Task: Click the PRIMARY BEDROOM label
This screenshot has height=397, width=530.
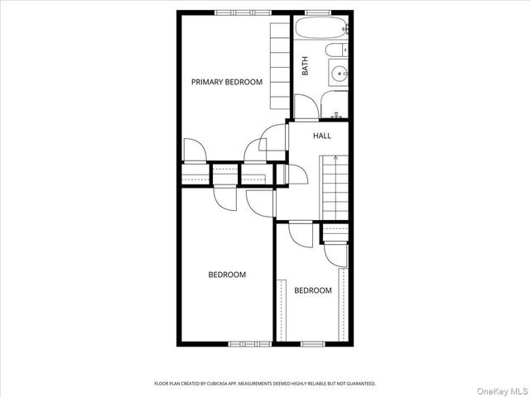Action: click(x=227, y=82)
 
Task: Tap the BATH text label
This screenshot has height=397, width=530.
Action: click(x=305, y=66)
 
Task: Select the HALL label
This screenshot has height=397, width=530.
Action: click(x=321, y=136)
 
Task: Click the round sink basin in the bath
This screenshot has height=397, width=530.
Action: click(x=339, y=74)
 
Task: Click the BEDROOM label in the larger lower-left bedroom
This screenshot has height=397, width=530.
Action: click(x=227, y=275)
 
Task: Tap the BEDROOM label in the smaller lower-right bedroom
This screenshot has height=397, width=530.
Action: click(x=313, y=290)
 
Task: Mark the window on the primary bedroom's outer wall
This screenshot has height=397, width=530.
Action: click(x=243, y=12)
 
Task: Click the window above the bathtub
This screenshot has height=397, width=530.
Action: click(x=319, y=12)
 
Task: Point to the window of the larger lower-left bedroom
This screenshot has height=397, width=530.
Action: click(x=250, y=343)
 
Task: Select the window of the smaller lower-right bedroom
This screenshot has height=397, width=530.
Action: click(x=313, y=343)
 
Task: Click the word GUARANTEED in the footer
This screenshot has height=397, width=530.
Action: click(x=359, y=384)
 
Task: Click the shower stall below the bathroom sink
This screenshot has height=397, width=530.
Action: click(x=335, y=104)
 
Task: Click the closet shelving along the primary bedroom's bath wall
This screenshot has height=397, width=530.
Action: click(x=280, y=66)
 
